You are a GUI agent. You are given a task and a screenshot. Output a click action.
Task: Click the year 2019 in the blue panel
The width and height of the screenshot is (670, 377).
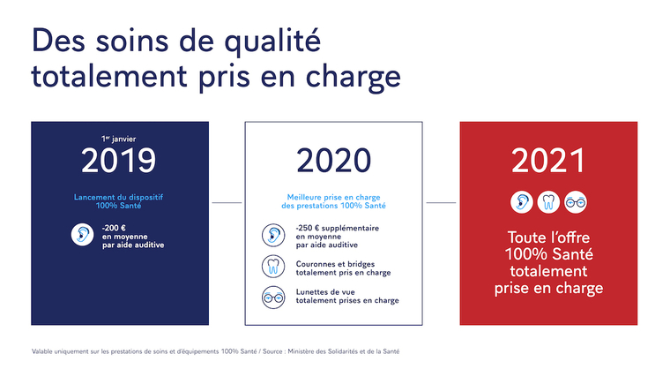point(119,160)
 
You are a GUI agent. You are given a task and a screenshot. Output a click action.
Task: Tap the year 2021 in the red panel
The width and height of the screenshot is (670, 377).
point(548,160)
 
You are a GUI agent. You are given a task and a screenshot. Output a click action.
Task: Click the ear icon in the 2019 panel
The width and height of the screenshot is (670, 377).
point(83,235)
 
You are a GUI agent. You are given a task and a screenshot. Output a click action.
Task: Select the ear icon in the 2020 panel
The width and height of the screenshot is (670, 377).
point(272,236)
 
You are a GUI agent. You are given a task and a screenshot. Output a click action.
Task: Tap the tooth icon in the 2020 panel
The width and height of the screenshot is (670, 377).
point(272,267)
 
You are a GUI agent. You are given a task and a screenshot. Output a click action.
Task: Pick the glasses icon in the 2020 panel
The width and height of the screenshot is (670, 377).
point(272,297)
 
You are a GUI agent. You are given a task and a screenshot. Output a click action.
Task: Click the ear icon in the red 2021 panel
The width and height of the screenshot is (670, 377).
point(521,201)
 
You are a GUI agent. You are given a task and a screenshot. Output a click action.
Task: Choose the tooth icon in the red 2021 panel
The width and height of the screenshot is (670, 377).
point(548,201)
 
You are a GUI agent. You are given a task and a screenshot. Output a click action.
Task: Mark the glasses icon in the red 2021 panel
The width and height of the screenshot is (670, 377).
point(576,201)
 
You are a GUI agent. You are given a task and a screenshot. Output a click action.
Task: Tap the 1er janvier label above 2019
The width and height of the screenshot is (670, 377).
point(120,139)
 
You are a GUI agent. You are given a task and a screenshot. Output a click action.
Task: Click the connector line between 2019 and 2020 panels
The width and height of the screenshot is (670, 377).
point(227,202)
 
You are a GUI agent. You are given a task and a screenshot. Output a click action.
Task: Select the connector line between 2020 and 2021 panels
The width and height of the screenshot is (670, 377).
point(441,202)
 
